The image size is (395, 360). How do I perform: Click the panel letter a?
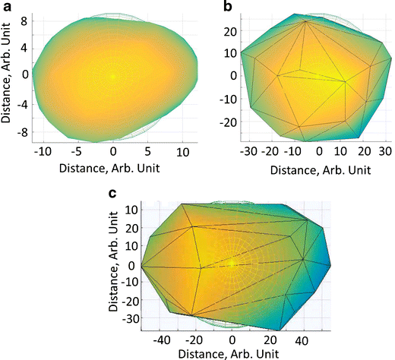tap(7, 7)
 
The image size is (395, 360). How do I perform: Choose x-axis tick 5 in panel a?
tap(148, 153)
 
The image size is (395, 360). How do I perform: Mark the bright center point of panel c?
tap(232, 264)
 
